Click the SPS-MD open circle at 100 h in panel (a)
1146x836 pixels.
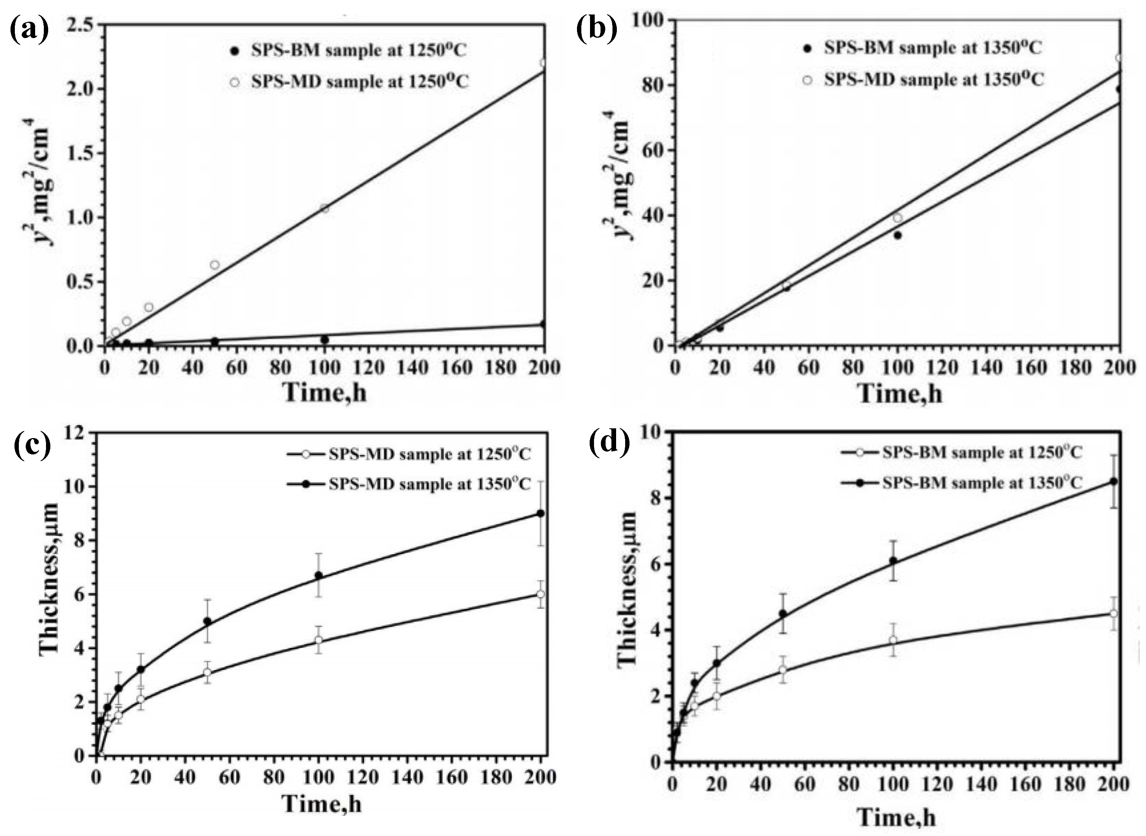coord(324,208)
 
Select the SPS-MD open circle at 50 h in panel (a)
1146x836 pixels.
coord(214,265)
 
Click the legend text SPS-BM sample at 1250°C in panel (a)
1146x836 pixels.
coord(359,51)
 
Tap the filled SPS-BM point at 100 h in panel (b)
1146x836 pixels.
coord(898,235)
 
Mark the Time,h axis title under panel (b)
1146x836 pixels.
coord(900,394)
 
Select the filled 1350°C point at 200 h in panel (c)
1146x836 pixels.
coord(541,513)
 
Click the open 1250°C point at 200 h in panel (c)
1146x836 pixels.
coord(541,594)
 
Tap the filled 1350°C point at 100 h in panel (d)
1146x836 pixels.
coord(893,561)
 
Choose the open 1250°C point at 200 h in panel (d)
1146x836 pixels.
coord(1113,614)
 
